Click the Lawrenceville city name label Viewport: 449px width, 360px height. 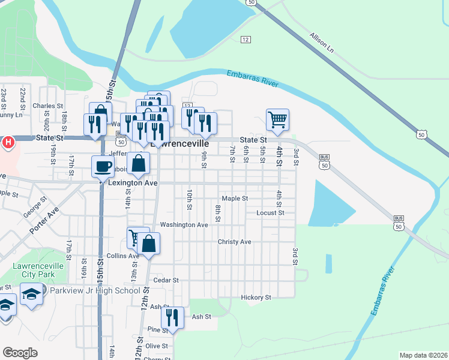181,145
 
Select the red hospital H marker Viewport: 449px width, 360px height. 8,142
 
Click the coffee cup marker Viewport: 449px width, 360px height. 103,166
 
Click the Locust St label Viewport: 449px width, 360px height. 270,212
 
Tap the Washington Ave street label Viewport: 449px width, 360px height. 184,224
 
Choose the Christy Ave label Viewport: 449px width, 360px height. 234,242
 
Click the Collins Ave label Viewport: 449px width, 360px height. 122,256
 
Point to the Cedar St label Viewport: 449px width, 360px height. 166,280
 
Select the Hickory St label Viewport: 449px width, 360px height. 256,297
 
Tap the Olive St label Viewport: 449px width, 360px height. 157,346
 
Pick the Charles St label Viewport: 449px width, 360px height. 48,106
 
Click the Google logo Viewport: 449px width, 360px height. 20,353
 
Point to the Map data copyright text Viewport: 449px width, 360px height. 423,355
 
